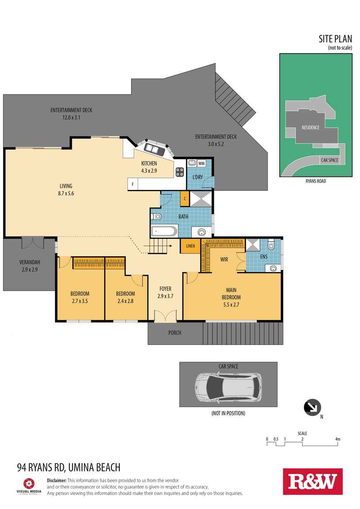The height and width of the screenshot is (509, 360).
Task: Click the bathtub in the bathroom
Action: [x=164, y=231]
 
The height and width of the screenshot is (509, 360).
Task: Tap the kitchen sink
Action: [x=154, y=149]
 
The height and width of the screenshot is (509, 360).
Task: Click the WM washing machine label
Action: [x=201, y=163]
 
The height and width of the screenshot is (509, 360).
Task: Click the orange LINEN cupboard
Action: [x=190, y=246]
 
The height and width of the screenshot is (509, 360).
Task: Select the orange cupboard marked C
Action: [x=185, y=199]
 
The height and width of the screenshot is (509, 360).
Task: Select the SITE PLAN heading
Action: [x=335, y=39]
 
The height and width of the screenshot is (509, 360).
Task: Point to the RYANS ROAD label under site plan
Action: [x=316, y=181]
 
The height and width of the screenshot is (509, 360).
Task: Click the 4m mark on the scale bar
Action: [x=337, y=440]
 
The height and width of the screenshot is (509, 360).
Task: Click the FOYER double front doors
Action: [x=165, y=316]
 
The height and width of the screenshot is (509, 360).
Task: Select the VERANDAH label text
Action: [x=30, y=262]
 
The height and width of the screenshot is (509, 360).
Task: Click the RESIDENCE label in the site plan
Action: [x=310, y=127]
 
